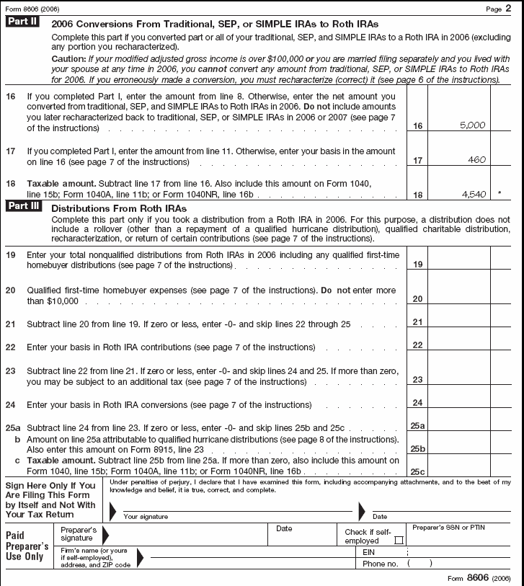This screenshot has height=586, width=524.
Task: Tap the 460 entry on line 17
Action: [476, 159]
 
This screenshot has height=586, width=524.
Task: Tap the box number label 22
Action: [417, 345]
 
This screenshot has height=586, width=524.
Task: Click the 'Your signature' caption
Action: [146, 516]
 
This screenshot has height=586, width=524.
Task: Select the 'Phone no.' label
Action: [381, 564]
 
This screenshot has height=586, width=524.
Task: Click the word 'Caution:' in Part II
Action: [68, 58]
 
